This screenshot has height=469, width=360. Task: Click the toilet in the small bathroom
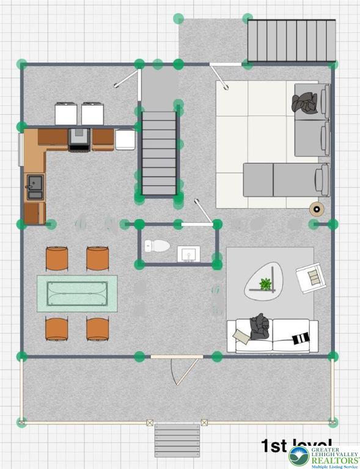point(158,246)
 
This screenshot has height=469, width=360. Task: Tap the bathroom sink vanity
point(188,253)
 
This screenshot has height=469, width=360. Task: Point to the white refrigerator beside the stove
point(125,139)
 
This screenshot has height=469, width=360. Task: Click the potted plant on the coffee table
point(265,284)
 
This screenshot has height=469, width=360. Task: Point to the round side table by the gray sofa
point(317,209)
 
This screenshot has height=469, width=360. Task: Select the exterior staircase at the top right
point(291,40)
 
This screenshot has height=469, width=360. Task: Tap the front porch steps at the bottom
point(177,440)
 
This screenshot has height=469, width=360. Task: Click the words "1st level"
point(296,444)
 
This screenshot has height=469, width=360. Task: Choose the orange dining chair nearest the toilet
point(98,258)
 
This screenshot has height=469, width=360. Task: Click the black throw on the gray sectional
point(305,103)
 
